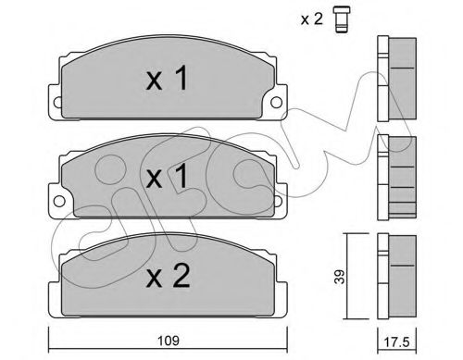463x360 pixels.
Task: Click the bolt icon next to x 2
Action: pyautogui.click(x=341, y=19)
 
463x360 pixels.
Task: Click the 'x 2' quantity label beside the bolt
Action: pyautogui.click(x=312, y=19)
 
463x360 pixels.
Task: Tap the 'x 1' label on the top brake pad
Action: pyautogui.click(x=167, y=79)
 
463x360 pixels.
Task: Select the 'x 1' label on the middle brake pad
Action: pyautogui.click(x=167, y=176)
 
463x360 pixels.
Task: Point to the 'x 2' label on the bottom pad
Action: pyautogui.click(x=168, y=276)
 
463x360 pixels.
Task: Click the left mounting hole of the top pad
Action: pyautogui.click(x=57, y=102)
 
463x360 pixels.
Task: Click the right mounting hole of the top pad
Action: pyautogui.click(x=276, y=102)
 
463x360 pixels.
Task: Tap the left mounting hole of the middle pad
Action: pyautogui.click(x=59, y=201)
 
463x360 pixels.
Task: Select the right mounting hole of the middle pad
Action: pyautogui.click(x=278, y=201)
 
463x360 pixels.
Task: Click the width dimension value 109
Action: pyautogui.click(x=169, y=341)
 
